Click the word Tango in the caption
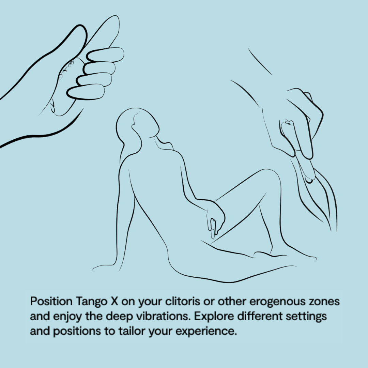pos(91,302)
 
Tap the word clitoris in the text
pos(182,301)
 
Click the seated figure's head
pos(137,124)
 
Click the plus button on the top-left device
pos(71,63)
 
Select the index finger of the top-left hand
pos(105,56)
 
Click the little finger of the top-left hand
pos(86,92)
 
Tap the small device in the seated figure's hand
pos(213,227)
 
